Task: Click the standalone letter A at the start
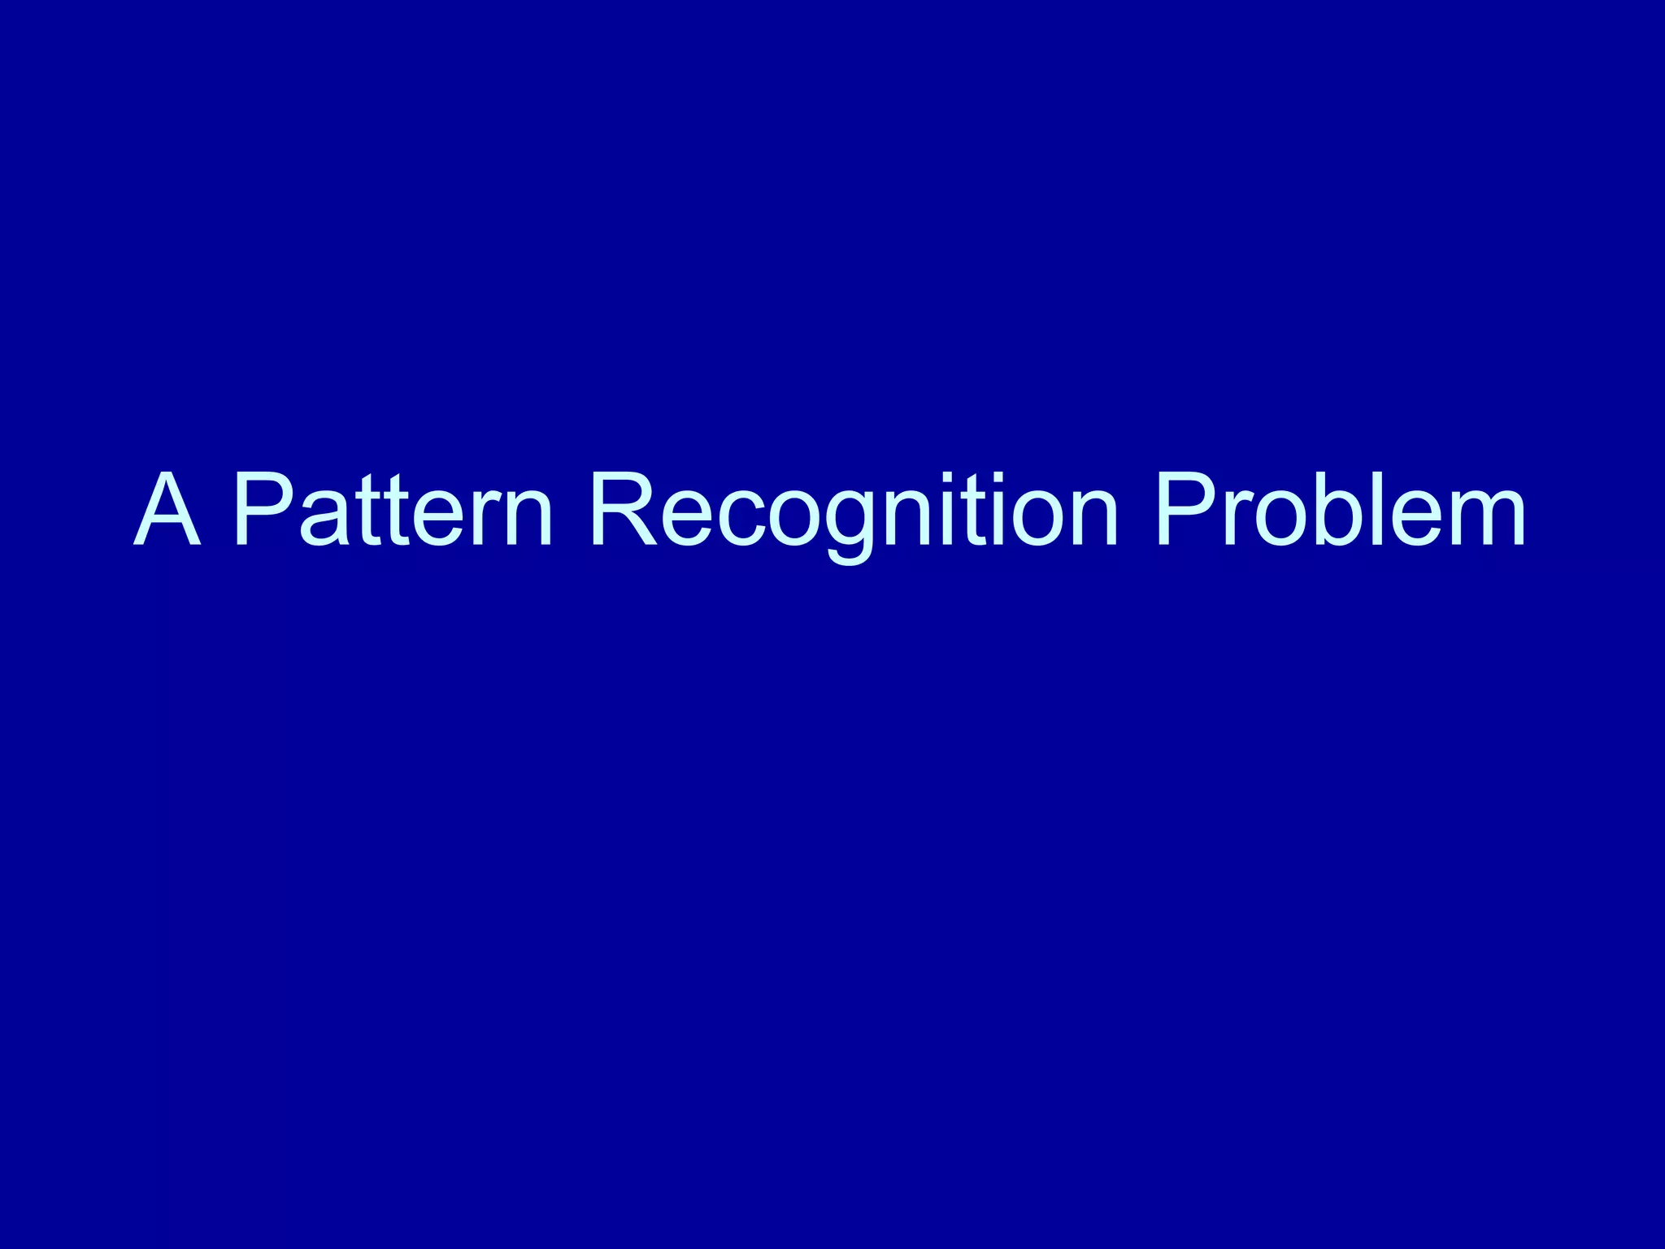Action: click(x=167, y=511)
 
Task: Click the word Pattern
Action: click(x=393, y=511)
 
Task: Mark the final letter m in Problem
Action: click(x=1480, y=520)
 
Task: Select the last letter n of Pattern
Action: click(x=528, y=520)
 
